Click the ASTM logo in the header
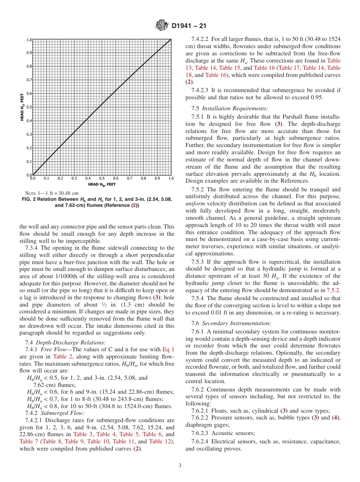(x=162, y=26)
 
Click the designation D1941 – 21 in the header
(x=189, y=26)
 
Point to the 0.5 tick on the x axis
(x=102, y=178)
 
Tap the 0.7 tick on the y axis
(x=29, y=80)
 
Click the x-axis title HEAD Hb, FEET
(x=102, y=185)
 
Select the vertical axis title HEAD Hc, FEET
(x=22, y=107)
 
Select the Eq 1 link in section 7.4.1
(x=168, y=349)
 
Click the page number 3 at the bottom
(x=180, y=466)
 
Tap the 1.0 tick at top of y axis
(x=29, y=40)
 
